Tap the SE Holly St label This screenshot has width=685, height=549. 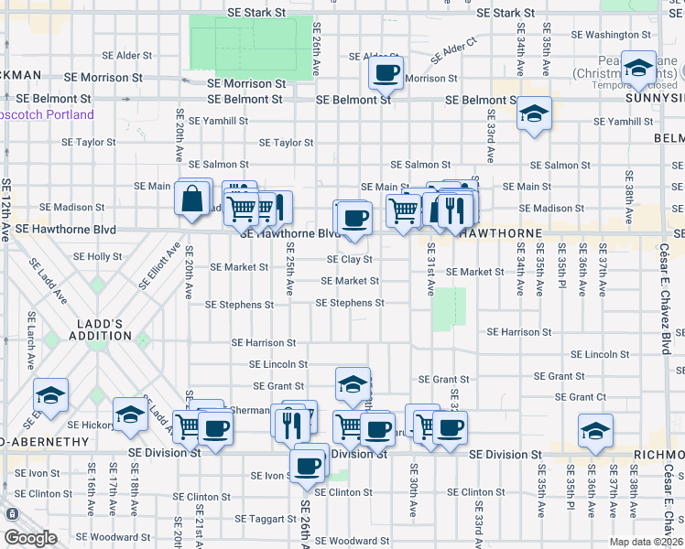coord(92,257)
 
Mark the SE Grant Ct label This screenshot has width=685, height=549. coord(581,397)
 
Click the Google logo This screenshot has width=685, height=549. coord(31,538)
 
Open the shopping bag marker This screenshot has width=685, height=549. coord(193,199)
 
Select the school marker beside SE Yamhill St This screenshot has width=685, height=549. coord(533,115)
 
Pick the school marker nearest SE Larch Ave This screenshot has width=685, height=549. coord(51,396)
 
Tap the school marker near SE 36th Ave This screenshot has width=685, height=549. coord(595,431)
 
